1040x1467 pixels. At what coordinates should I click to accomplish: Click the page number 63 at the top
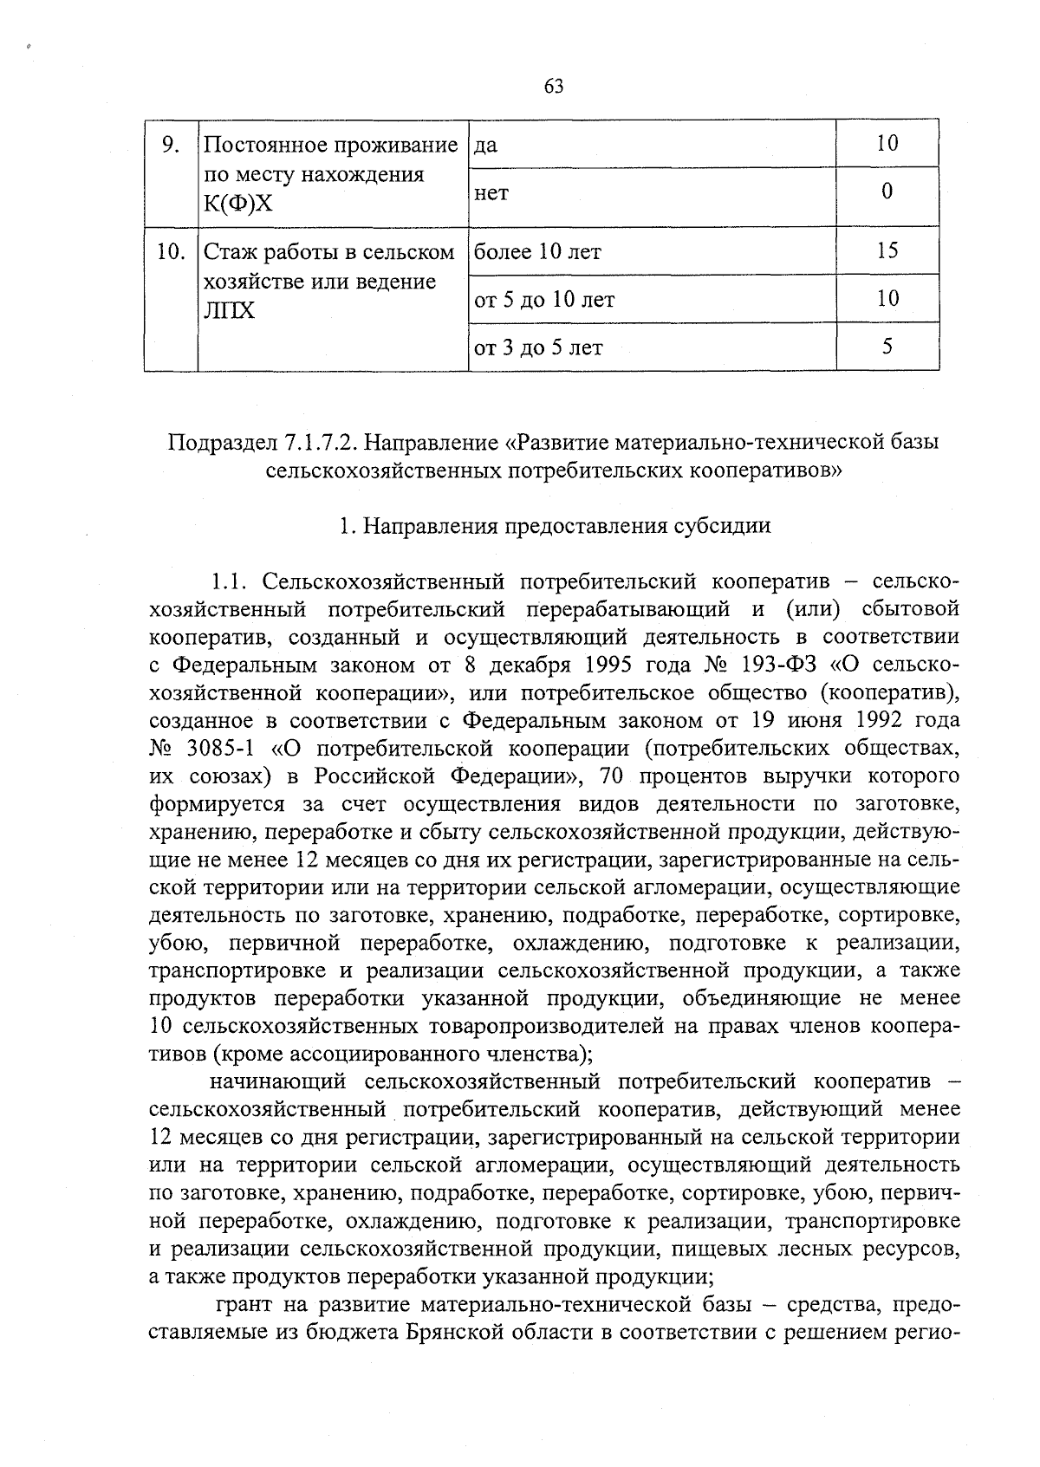click(555, 85)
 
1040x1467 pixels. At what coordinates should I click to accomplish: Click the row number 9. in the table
click(171, 144)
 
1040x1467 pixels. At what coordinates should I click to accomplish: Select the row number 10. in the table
click(171, 251)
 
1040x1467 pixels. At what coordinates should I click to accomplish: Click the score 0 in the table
click(887, 191)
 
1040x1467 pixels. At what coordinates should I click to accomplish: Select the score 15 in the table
click(887, 251)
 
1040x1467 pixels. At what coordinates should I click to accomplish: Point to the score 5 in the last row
click(887, 347)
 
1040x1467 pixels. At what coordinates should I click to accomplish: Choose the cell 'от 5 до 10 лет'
click(544, 300)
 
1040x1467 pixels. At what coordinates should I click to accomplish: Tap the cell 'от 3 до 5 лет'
click(538, 347)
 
